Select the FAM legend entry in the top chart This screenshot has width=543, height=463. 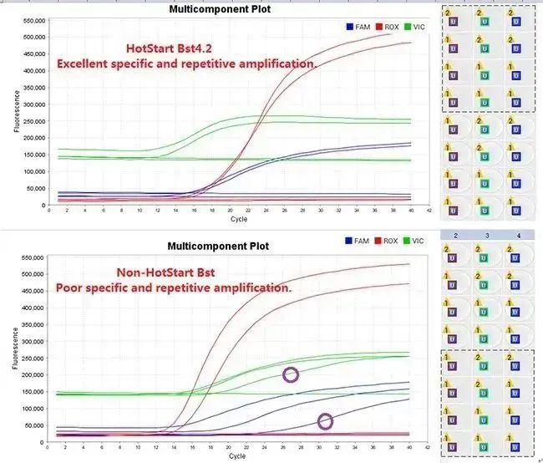point(358,27)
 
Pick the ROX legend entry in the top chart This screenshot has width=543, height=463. point(388,27)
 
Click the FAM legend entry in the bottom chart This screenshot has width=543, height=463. point(358,241)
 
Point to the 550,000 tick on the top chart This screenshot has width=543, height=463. point(31,20)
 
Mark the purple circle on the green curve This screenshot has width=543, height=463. point(291,374)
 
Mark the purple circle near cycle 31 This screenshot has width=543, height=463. point(325,421)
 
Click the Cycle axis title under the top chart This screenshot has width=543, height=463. point(239,221)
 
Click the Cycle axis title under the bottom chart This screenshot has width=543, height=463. point(239,457)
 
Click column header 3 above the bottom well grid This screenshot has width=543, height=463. point(484,236)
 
